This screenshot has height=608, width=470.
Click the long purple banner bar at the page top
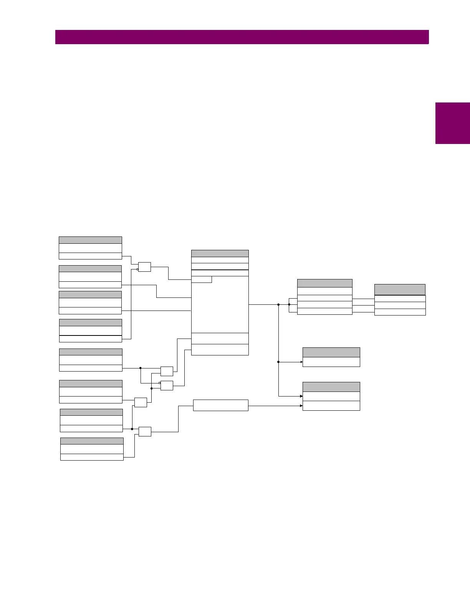[x=242, y=37]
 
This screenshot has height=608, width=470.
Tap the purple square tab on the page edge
[x=452, y=123]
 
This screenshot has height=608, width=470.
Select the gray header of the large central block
[x=220, y=253]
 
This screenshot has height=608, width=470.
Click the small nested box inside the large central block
[x=201, y=279]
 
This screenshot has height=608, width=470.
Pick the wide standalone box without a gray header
[x=220, y=405]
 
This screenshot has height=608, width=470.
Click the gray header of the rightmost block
[x=400, y=289]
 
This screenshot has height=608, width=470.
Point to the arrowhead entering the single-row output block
[x=301, y=362]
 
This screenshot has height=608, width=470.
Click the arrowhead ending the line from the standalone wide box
[x=301, y=406]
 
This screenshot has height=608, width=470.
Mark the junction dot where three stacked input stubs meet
[x=289, y=304]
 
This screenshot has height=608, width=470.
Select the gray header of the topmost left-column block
[x=90, y=240]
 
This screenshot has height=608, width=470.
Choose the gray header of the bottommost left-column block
[x=92, y=441]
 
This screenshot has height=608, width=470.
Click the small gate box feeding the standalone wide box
[x=145, y=431]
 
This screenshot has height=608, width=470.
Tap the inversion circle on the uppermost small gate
[x=137, y=269]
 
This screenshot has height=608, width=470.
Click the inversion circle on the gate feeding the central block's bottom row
[x=160, y=383]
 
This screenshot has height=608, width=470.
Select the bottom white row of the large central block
[x=220, y=350]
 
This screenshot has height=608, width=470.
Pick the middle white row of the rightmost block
[x=400, y=305]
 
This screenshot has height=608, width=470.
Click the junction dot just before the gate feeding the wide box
[x=132, y=429]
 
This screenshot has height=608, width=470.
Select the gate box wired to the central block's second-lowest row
[x=167, y=371]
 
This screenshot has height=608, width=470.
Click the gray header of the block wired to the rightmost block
[x=324, y=283]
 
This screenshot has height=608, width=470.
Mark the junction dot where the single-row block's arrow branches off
[x=278, y=362]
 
